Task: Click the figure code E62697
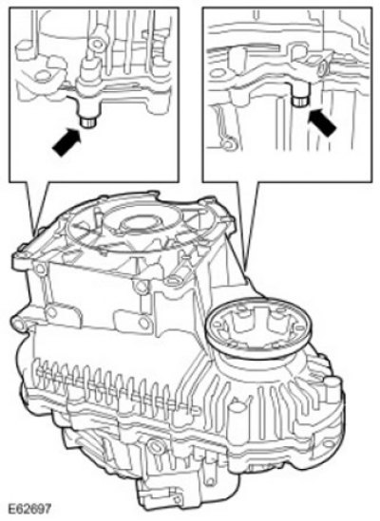click(29, 509)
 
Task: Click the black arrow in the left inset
click(66, 142)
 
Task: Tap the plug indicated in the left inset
click(88, 122)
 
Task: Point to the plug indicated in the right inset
click(300, 100)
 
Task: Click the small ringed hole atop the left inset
click(98, 44)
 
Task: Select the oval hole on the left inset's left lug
click(42, 77)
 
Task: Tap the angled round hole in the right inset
click(322, 69)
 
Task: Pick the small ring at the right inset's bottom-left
click(228, 145)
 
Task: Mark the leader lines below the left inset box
click(37, 205)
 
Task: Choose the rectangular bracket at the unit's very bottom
click(159, 494)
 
